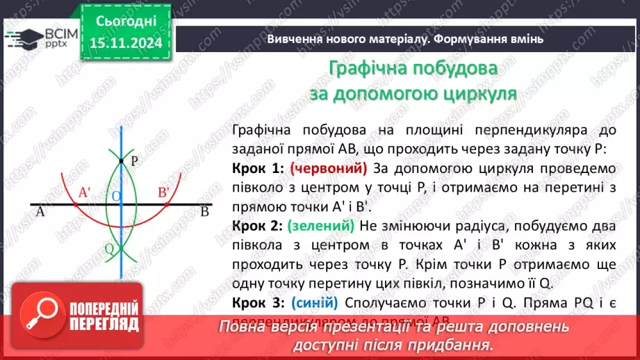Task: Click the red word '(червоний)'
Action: click(x=328, y=169)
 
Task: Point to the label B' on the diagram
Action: click(x=164, y=193)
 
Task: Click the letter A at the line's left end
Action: click(x=40, y=213)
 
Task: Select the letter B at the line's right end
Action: click(x=204, y=213)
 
